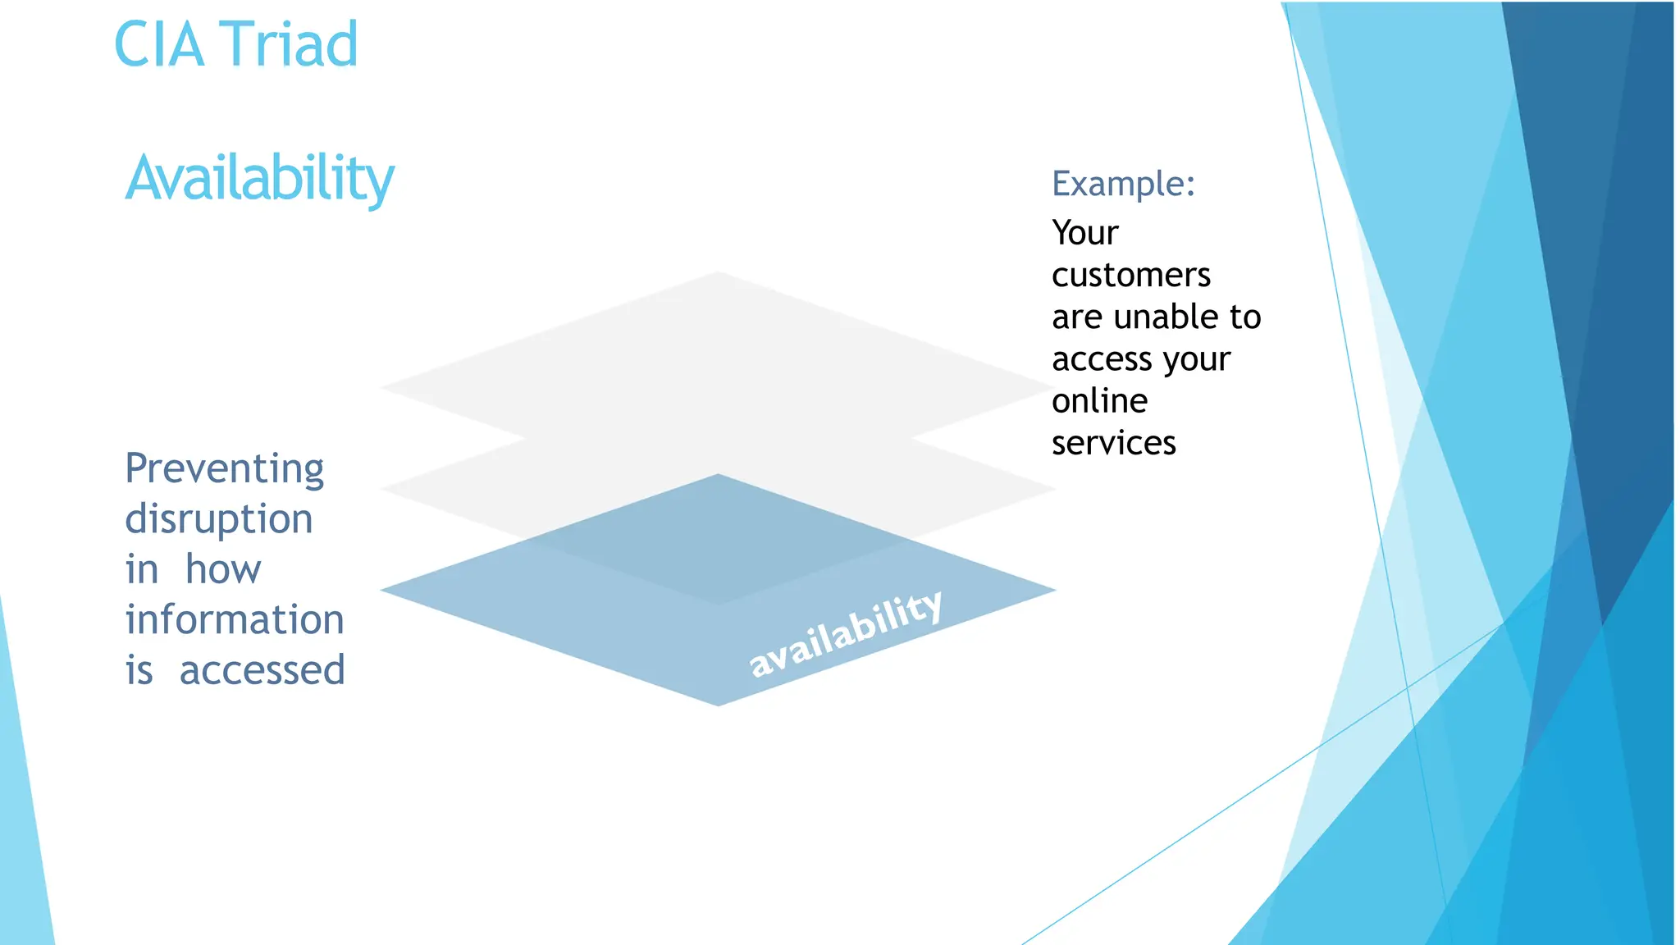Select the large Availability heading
click(259, 178)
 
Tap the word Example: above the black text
click(1123, 184)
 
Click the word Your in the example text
click(1084, 233)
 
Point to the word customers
click(1130, 276)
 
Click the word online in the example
click(1099, 401)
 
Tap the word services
click(1113, 443)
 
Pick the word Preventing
click(224, 469)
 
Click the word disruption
click(218, 519)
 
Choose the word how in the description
click(222, 569)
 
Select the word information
click(234, 619)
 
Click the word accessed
click(262, 670)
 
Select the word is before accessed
click(139, 670)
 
